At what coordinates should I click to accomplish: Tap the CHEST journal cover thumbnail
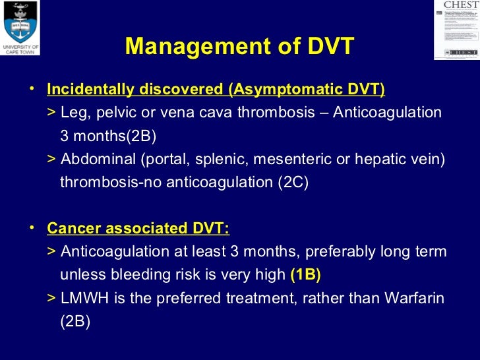tap(456, 30)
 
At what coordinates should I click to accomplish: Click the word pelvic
tap(119, 113)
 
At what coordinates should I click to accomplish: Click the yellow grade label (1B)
tap(305, 275)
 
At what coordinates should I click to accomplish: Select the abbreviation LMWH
tap(78, 298)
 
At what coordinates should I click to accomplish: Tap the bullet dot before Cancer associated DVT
tap(32, 227)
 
